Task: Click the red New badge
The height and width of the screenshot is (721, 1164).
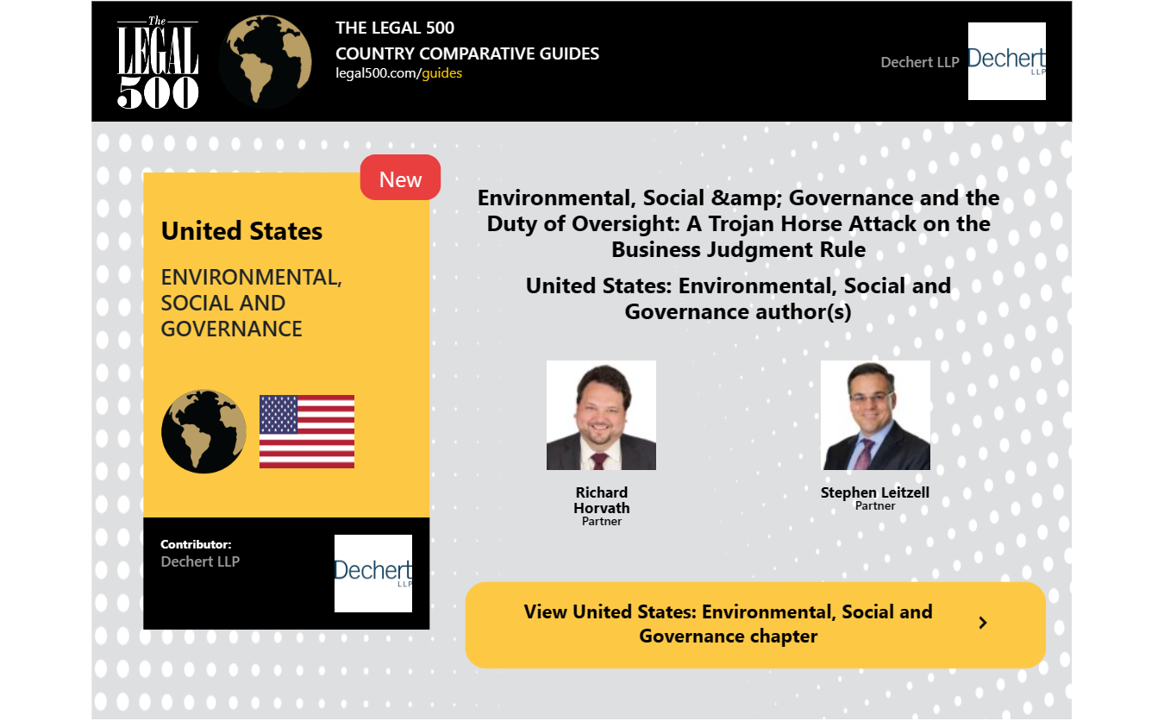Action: tap(400, 178)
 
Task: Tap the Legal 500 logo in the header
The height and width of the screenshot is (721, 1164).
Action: tap(158, 62)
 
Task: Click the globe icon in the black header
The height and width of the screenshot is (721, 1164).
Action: tap(266, 61)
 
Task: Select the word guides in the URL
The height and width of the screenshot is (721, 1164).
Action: tap(441, 73)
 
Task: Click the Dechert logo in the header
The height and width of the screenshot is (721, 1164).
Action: tap(1006, 61)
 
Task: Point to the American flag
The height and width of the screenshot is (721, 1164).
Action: tap(307, 431)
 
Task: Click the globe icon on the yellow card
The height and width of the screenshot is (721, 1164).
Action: tap(203, 431)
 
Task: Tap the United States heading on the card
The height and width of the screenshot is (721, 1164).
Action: tap(241, 231)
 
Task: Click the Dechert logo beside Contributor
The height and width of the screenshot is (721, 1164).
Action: tap(373, 574)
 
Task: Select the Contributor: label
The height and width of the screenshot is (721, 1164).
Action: tap(196, 544)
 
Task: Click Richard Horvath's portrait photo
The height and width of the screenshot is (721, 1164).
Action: tap(601, 416)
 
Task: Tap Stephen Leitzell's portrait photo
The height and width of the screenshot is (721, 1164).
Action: tap(876, 416)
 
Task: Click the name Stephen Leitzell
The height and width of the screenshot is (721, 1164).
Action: tap(875, 492)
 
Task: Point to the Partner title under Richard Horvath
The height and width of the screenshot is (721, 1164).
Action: tap(602, 522)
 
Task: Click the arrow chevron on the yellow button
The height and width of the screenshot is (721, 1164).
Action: tap(983, 623)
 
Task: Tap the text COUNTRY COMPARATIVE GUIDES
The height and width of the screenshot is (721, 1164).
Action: tap(467, 53)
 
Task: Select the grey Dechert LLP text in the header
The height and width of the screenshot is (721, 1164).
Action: tap(920, 62)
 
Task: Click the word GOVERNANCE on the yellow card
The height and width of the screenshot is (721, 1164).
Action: tap(231, 329)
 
